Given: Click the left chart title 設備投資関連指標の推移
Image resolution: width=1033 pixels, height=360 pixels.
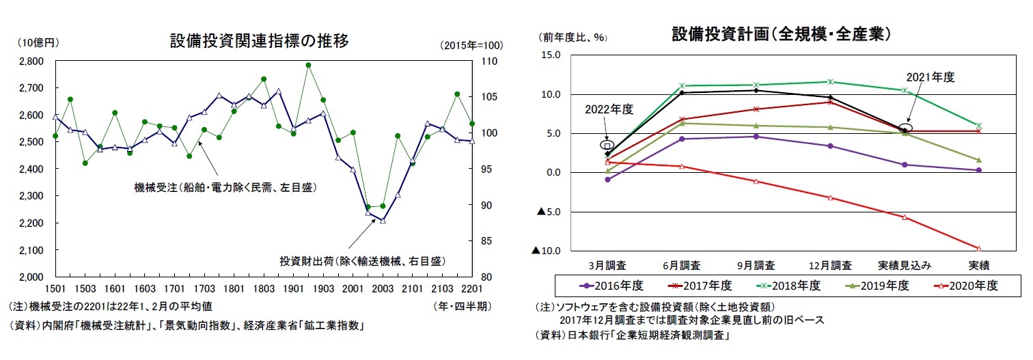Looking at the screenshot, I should coord(260,41).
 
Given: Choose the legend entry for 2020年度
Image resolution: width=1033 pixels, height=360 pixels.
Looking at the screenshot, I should coord(969,286).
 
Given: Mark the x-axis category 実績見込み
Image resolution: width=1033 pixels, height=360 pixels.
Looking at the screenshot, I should coord(905,264).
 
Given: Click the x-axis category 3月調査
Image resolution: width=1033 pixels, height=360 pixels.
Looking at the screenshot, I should coord(607,264).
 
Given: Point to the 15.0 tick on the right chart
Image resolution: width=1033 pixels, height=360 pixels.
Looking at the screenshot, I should coord(551,55).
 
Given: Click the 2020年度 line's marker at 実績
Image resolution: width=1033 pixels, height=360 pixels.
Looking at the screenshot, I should coord(978,249).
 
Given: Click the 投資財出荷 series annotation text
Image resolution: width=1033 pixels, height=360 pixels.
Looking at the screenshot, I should coord(362,260).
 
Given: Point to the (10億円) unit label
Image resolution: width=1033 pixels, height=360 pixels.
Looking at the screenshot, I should coord(38,42).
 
